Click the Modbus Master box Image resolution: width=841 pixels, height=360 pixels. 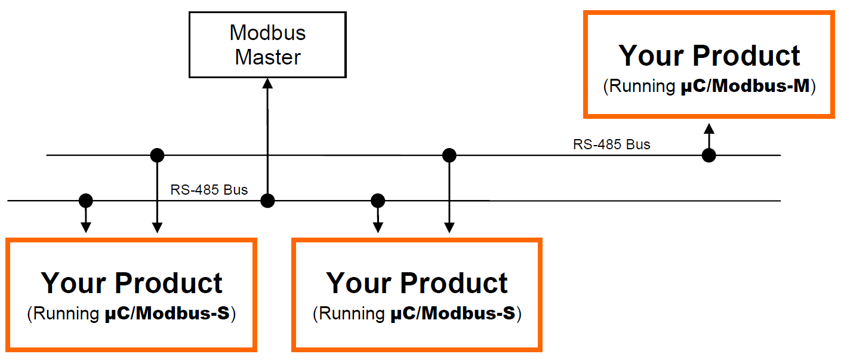point(267,45)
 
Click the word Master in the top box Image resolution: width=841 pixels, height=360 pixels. point(267,57)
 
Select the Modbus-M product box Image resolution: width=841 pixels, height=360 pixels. point(708,64)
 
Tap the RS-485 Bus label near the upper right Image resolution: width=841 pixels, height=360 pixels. point(611,144)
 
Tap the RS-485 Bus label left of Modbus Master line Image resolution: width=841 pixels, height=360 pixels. point(209,190)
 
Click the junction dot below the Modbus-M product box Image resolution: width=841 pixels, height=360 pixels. point(708,155)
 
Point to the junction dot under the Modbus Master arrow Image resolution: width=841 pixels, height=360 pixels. point(268,201)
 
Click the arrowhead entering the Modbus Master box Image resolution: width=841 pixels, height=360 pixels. point(268,84)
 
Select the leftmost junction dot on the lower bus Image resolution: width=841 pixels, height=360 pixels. point(86,199)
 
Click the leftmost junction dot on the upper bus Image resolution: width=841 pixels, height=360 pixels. point(156,155)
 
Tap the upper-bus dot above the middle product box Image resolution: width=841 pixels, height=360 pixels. point(449,155)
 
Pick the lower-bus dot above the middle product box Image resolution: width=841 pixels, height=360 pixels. point(377,199)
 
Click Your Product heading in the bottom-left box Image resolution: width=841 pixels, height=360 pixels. point(131,282)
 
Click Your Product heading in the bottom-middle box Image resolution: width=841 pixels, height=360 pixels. point(417,282)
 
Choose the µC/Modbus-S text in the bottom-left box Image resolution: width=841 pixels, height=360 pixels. point(164,314)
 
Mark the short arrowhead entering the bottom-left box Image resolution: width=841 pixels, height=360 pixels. point(86,227)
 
